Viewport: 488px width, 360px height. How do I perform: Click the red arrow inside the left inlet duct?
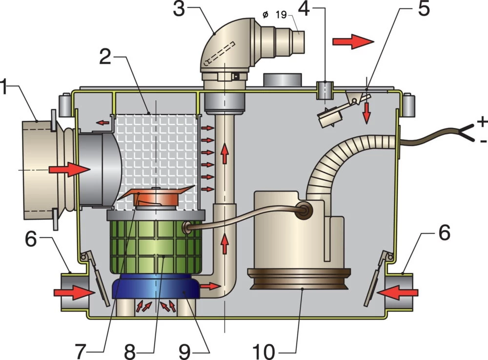coord(69,169)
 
